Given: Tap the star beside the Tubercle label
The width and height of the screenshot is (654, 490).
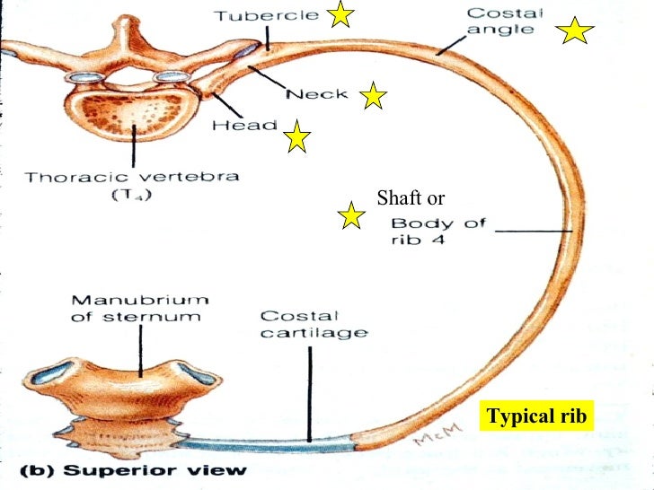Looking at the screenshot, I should (x=340, y=14).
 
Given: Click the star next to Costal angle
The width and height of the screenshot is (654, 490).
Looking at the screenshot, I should (x=575, y=32).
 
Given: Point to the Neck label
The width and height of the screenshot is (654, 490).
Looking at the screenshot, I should (x=317, y=94).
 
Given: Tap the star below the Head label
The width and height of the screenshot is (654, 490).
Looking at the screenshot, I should (x=297, y=138).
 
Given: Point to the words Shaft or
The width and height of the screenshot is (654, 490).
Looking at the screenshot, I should (x=411, y=198).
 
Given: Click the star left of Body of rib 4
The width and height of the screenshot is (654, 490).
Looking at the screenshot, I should (x=350, y=215).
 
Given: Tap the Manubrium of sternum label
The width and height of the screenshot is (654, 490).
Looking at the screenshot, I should (x=140, y=307).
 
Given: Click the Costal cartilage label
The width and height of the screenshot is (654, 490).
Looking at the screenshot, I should (x=314, y=324).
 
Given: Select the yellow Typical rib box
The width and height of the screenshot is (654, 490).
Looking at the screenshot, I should (x=536, y=416).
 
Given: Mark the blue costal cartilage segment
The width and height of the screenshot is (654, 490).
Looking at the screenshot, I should (x=270, y=442).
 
